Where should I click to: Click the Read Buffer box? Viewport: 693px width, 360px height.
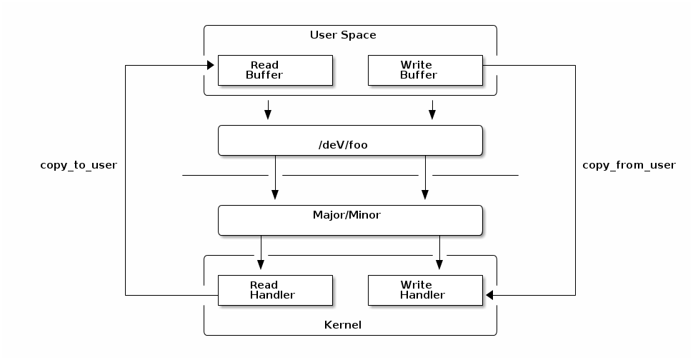(275, 70)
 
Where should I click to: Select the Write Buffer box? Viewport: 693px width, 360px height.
(425, 70)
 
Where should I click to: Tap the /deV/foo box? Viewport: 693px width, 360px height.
(349, 141)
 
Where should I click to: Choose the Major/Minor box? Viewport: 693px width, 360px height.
(349, 220)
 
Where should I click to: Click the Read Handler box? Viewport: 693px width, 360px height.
(275, 290)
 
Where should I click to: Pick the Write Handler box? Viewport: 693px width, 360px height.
(425, 290)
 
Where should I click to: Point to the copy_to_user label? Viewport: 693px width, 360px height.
(79, 165)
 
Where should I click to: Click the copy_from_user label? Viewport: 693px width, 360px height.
(629, 165)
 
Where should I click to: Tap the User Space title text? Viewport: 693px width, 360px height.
(343, 35)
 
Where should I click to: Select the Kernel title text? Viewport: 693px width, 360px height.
(343, 325)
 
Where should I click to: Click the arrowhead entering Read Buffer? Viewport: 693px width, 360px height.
(211, 66)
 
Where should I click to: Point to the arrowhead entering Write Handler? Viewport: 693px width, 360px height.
(489, 295)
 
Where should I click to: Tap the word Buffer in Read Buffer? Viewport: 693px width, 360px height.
(264, 75)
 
